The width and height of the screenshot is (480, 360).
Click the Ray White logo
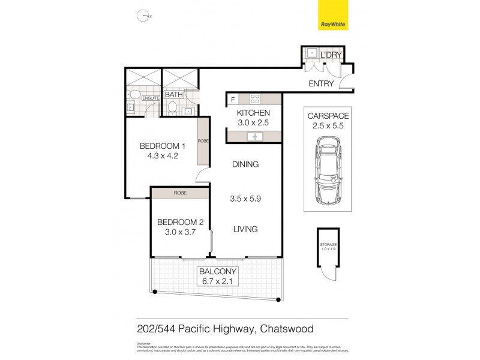[334, 17]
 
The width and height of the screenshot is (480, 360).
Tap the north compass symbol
[143, 16]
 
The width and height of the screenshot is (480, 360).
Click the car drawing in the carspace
[328, 170]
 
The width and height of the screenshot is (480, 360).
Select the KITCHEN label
[253, 113]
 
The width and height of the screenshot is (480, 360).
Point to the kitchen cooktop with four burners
[254, 99]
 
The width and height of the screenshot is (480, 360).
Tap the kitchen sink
[254, 137]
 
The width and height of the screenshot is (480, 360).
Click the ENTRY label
[320, 84]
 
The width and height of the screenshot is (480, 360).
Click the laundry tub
[312, 53]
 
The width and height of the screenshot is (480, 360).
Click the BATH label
[173, 95]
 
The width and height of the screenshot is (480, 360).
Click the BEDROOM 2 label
[181, 222]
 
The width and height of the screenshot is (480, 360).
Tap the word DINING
[246, 164]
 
